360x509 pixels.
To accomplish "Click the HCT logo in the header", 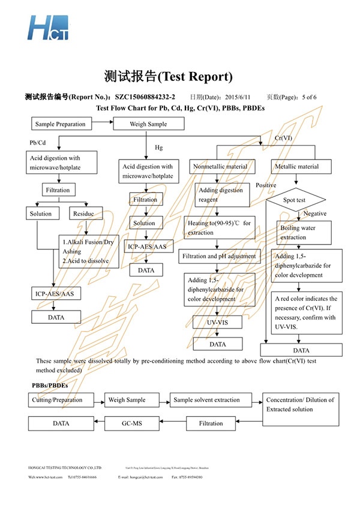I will point(47,27).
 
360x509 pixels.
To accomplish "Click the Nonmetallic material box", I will point(220,166).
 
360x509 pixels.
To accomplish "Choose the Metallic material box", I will point(296,166).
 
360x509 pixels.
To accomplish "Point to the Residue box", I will point(87,213).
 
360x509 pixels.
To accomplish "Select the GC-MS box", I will point(131,423).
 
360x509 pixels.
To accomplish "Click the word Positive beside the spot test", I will point(266,185).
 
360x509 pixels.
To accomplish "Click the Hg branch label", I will point(159,147).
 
